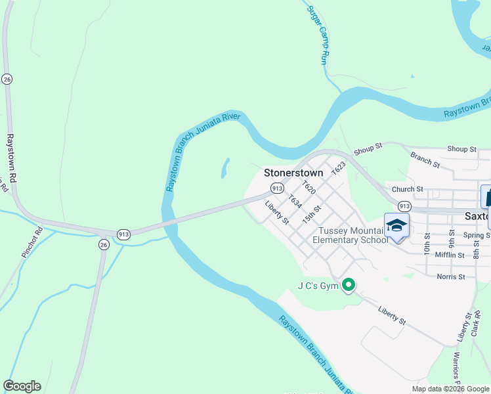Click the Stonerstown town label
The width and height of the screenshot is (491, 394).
(293, 173)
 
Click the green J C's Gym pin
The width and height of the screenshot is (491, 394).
(349, 285)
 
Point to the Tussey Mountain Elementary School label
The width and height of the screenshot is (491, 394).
(351, 235)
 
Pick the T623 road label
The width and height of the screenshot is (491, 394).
(339, 167)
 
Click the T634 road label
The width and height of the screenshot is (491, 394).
(295, 201)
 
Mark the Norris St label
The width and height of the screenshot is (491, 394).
(450, 276)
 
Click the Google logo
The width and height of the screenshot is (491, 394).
(22, 386)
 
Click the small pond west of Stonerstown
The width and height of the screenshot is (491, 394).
(225, 167)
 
